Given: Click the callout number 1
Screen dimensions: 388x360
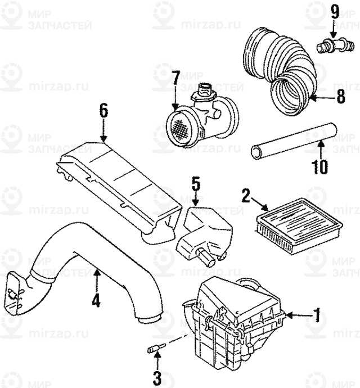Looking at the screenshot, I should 317,315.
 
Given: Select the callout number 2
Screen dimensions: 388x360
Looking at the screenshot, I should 246,195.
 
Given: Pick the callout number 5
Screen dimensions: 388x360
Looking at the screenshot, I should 194,183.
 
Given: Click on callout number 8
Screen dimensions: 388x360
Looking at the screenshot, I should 340,97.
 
